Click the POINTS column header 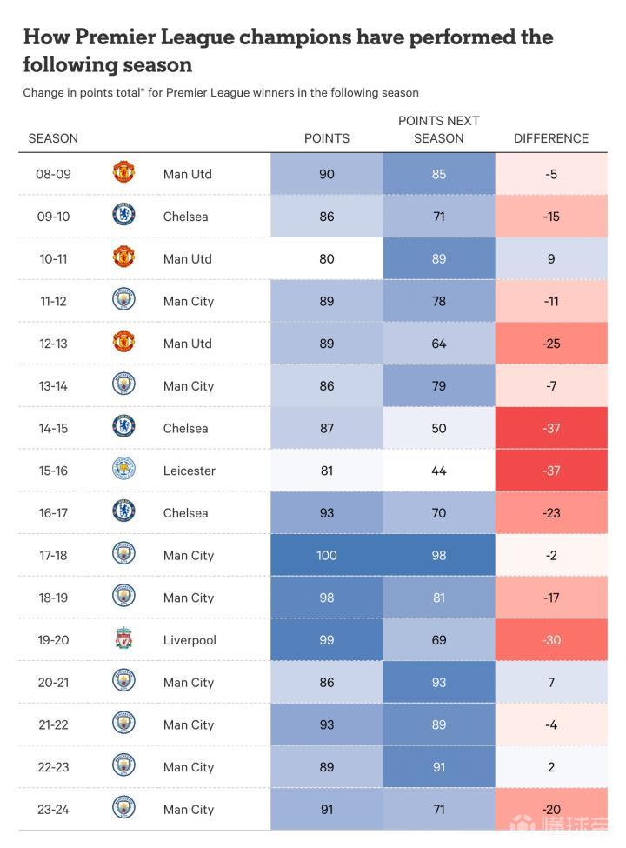[x=327, y=138]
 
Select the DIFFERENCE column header [x=551, y=138]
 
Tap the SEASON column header [x=53, y=138]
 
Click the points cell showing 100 [x=327, y=555]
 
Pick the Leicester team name [x=189, y=471]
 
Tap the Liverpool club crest [x=123, y=640]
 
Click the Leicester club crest [x=123, y=471]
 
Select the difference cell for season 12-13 [x=551, y=344]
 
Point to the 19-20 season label [x=53, y=640]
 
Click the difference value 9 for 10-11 [x=551, y=258]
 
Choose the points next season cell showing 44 [x=439, y=471]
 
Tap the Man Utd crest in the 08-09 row [x=123, y=173]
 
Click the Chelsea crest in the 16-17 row [x=123, y=512]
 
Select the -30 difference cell [x=551, y=640]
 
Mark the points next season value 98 [x=439, y=555]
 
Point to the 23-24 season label [x=53, y=810]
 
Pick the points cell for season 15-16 [x=327, y=471]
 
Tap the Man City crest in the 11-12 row [x=123, y=301]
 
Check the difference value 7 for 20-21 [x=551, y=683]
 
